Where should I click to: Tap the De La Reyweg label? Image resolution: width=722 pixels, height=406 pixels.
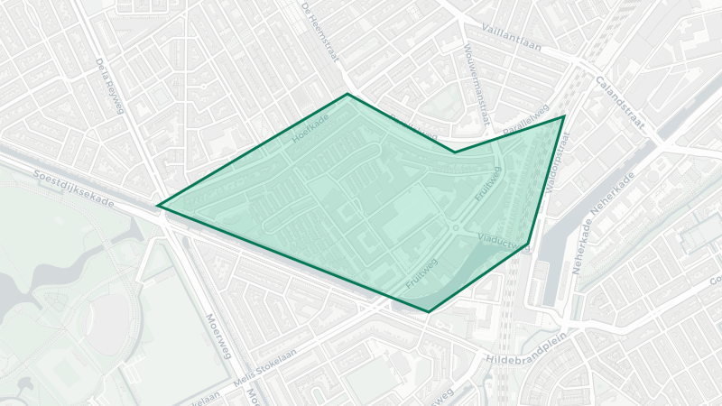click(x=107, y=81)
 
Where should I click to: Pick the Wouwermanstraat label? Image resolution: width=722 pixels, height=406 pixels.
click(x=477, y=83)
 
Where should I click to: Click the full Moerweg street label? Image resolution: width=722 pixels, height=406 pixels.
click(x=219, y=334)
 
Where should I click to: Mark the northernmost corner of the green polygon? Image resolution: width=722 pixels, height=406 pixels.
click(x=347, y=94)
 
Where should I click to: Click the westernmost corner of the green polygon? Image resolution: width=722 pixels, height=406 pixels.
click(x=159, y=206)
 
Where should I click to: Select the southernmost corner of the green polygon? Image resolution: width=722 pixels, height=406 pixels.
click(x=428, y=312)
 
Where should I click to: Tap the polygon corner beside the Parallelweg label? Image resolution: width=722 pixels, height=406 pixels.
click(x=564, y=116)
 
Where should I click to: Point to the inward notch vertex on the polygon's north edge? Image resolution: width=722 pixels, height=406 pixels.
click(x=454, y=152)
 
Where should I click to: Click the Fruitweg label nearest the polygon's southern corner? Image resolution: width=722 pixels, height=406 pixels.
click(x=421, y=273)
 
